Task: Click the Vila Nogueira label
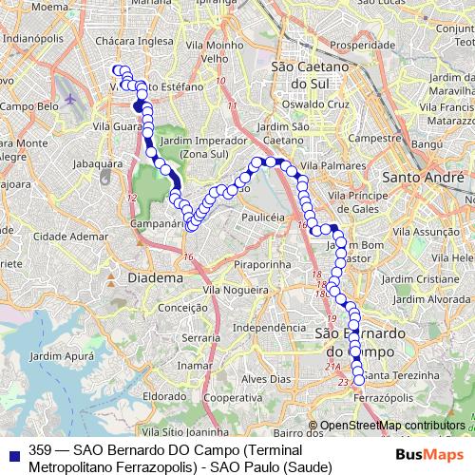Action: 234,289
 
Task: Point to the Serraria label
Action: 201,337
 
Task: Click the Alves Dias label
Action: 262,378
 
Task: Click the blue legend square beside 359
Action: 12,450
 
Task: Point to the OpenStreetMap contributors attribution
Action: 392,426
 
